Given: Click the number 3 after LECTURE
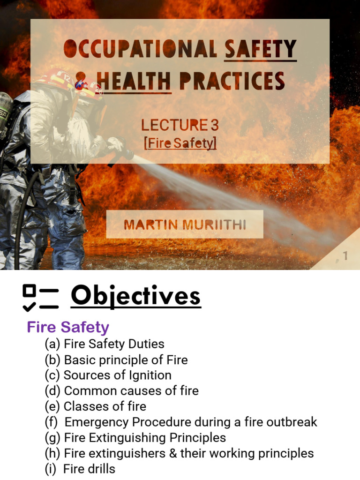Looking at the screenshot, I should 215,125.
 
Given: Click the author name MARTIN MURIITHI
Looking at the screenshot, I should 185,225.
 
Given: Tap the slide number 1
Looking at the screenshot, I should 345,256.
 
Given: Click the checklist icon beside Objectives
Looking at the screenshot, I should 40,298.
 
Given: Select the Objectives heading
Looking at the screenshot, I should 135,296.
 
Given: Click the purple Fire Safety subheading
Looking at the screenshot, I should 68,327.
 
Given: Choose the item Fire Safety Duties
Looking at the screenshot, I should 114,344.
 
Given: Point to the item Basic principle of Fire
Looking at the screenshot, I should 126,360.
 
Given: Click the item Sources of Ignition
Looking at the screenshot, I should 117,375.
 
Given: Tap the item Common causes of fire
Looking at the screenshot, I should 131,391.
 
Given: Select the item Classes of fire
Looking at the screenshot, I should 105,406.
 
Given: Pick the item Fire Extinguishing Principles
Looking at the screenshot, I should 145,438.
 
